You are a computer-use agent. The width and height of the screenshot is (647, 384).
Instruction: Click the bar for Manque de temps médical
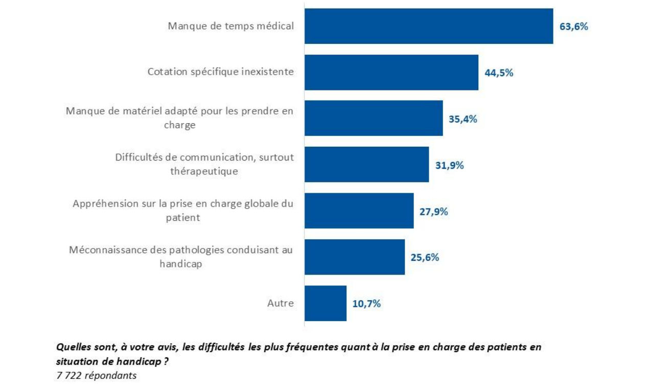point(428,26)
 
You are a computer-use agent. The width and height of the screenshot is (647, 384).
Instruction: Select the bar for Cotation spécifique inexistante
point(391,73)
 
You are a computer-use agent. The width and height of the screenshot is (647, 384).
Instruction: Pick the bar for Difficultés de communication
point(366,165)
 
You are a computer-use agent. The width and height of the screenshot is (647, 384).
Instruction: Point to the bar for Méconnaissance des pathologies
point(354,257)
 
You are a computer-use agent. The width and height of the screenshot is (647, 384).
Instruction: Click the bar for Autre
point(325,303)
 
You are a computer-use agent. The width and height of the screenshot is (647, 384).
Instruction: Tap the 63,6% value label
point(573,27)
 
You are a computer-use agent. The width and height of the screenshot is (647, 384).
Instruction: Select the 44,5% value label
point(499,73)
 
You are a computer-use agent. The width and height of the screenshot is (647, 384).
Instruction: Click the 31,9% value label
point(449,165)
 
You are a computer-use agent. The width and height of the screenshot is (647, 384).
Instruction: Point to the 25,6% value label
point(425,257)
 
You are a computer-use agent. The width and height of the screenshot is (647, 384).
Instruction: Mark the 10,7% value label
point(366,304)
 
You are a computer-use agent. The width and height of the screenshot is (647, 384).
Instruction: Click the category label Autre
point(281,303)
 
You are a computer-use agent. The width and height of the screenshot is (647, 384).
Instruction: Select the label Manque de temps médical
point(231,26)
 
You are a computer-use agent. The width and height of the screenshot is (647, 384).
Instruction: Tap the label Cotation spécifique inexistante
point(221,72)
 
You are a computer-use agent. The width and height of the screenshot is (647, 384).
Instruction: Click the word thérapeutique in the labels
point(204,172)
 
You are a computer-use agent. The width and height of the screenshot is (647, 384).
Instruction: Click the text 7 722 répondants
point(96,375)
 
